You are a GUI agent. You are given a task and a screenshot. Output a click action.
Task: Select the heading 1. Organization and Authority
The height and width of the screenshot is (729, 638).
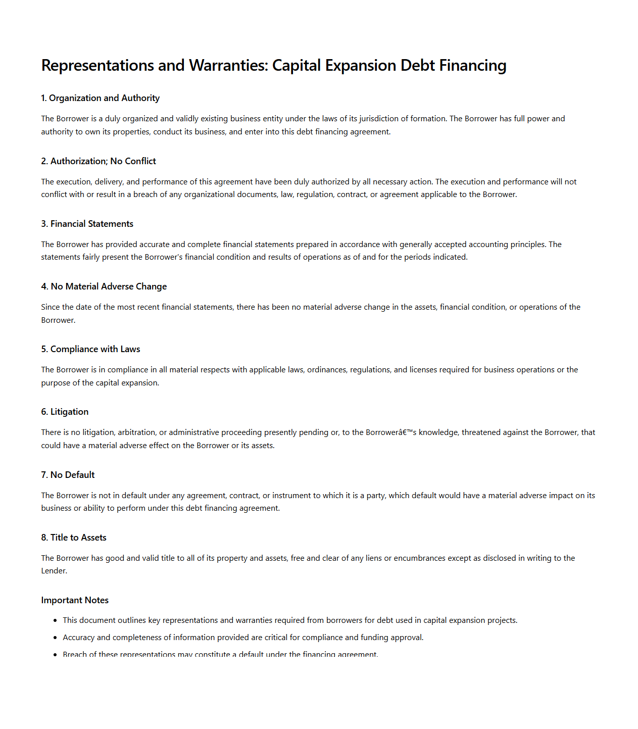point(101,98)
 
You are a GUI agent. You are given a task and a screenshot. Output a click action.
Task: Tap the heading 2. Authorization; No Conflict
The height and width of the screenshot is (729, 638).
point(99,161)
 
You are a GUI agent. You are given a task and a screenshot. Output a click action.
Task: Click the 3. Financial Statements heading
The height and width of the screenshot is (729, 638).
point(87,224)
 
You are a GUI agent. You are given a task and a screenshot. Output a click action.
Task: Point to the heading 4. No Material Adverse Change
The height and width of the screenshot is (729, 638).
point(104,286)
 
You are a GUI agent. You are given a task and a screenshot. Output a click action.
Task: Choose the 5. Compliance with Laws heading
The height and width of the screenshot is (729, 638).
point(91,349)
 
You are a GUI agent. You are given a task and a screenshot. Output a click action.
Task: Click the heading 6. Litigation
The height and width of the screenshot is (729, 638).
point(65,412)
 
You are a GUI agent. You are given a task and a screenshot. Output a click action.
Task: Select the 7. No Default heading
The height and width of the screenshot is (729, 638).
point(68,475)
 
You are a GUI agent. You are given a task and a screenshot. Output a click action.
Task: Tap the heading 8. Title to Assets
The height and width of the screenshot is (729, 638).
point(74,538)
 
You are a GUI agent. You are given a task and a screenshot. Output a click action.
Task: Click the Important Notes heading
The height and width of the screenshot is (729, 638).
point(75,600)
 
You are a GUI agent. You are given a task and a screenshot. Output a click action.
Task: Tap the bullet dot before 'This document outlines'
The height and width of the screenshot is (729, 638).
point(55,620)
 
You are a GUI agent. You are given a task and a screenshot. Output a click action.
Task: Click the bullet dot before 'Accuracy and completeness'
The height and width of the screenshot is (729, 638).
point(55,638)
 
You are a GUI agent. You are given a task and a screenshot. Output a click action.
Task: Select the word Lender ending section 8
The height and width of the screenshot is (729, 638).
point(53,571)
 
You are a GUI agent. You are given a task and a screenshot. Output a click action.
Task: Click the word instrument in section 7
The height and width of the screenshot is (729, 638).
point(290,496)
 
